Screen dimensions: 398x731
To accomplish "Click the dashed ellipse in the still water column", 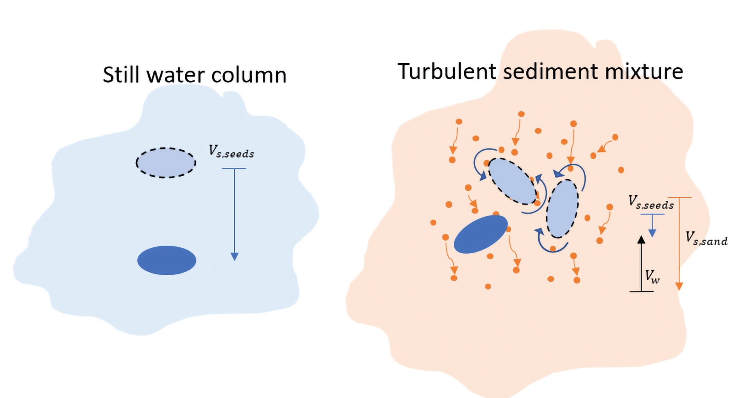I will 166,163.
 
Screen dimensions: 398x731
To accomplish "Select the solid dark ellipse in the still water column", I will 167,260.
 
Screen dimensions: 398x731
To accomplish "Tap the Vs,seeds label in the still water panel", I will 231,152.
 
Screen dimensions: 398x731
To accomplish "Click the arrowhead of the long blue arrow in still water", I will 235,257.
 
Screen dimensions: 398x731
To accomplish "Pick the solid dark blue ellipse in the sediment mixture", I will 481,234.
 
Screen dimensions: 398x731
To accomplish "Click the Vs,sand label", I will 706,238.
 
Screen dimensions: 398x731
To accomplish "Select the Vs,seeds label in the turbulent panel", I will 651,203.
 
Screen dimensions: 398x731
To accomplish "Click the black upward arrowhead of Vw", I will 642,240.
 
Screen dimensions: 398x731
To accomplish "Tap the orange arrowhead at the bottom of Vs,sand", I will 679,286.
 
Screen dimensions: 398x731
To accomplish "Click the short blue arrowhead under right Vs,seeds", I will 652,233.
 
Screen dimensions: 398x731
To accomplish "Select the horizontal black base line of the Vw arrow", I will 642,291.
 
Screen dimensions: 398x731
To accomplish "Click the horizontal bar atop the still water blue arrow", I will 234,169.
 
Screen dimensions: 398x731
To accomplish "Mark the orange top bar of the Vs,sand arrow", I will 679,197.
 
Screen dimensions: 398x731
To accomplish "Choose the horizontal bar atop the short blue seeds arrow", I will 652,214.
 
